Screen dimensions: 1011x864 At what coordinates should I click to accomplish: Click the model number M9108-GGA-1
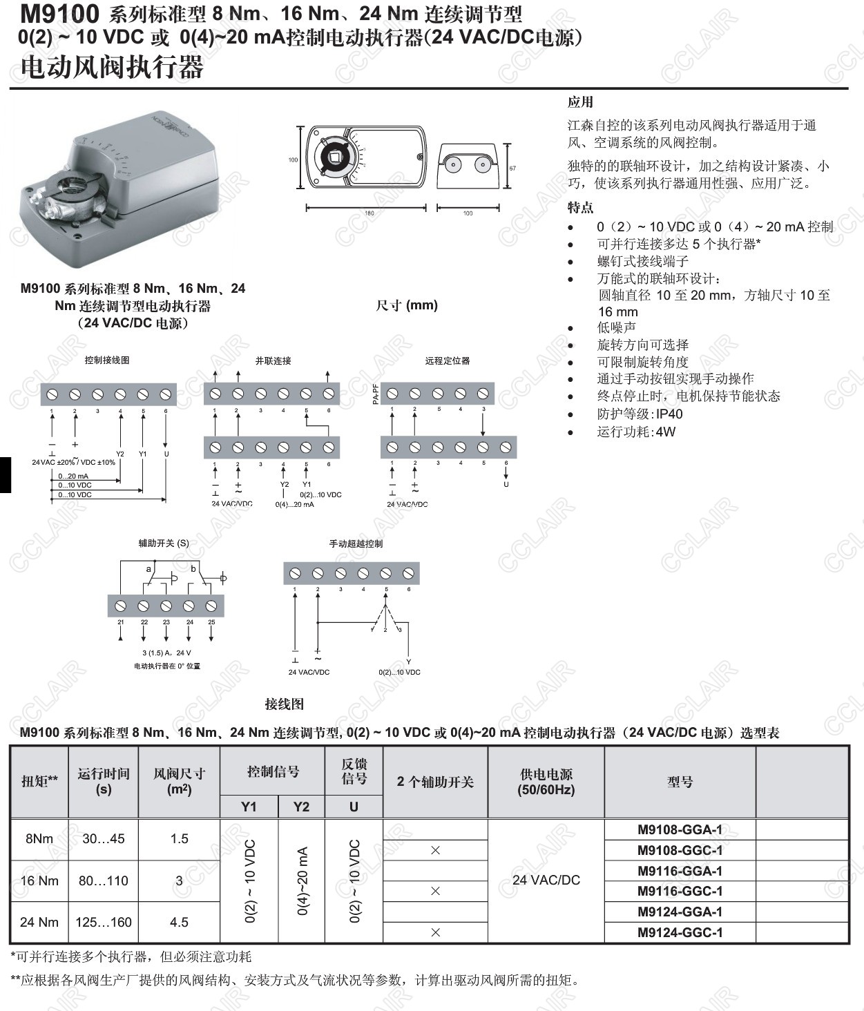point(680,829)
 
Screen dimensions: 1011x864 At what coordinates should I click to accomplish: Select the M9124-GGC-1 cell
point(680,932)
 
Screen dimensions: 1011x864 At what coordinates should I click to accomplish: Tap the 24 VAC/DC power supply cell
point(546,880)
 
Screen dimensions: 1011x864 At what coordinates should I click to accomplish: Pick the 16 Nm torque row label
point(39,880)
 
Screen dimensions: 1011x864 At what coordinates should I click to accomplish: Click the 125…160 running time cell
point(104,922)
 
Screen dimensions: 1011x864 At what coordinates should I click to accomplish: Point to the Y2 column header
point(301,807)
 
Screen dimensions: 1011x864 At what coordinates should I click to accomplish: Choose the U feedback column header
point(354,807)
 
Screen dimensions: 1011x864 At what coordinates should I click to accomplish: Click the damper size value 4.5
point(179,922)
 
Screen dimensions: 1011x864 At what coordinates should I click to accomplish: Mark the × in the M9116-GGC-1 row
point(435,891)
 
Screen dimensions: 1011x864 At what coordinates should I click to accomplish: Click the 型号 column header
point(680,782)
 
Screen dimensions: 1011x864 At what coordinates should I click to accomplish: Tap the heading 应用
point(580,102)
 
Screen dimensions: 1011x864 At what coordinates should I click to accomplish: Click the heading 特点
point(580,208)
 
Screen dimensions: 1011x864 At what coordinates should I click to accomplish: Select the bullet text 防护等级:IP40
point(640,414)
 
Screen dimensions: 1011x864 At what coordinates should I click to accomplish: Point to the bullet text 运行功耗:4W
point(636,432)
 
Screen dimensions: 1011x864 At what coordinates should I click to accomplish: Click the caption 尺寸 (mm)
point(407,305)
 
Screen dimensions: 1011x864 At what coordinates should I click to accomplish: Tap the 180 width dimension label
point(369,213)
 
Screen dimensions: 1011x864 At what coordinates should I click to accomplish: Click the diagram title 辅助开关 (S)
point(164,543)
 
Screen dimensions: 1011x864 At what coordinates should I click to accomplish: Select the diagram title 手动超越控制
point(356,543)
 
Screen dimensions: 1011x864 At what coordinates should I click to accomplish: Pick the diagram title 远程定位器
point(448,360)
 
